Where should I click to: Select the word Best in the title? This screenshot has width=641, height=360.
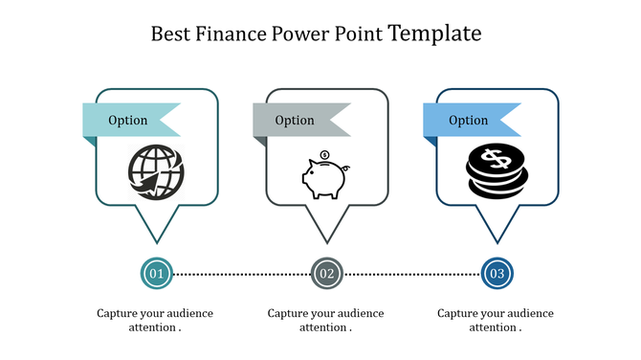click(171, 34)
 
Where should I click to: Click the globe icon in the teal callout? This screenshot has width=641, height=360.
click(155, 174)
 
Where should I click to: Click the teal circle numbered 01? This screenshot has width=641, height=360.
click(156, 274)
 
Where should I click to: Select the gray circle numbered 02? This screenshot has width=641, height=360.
click(326, 274)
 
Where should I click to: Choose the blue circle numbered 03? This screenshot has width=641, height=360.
click(497, 274)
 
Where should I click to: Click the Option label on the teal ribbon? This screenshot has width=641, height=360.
click(128, 121)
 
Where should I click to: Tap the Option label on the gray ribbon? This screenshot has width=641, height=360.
click(295, 121)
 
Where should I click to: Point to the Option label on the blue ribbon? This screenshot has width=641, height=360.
click(469, 121)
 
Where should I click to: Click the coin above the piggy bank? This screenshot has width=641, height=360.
click(324, 154)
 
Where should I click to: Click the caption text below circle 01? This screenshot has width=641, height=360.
click(155, 320)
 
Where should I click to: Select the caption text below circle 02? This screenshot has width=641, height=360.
click(325, 320)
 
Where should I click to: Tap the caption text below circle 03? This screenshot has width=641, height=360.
click(496, 320)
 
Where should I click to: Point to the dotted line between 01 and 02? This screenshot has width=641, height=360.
click(241, 275)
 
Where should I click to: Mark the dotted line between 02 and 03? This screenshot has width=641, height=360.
click(411, 275)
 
